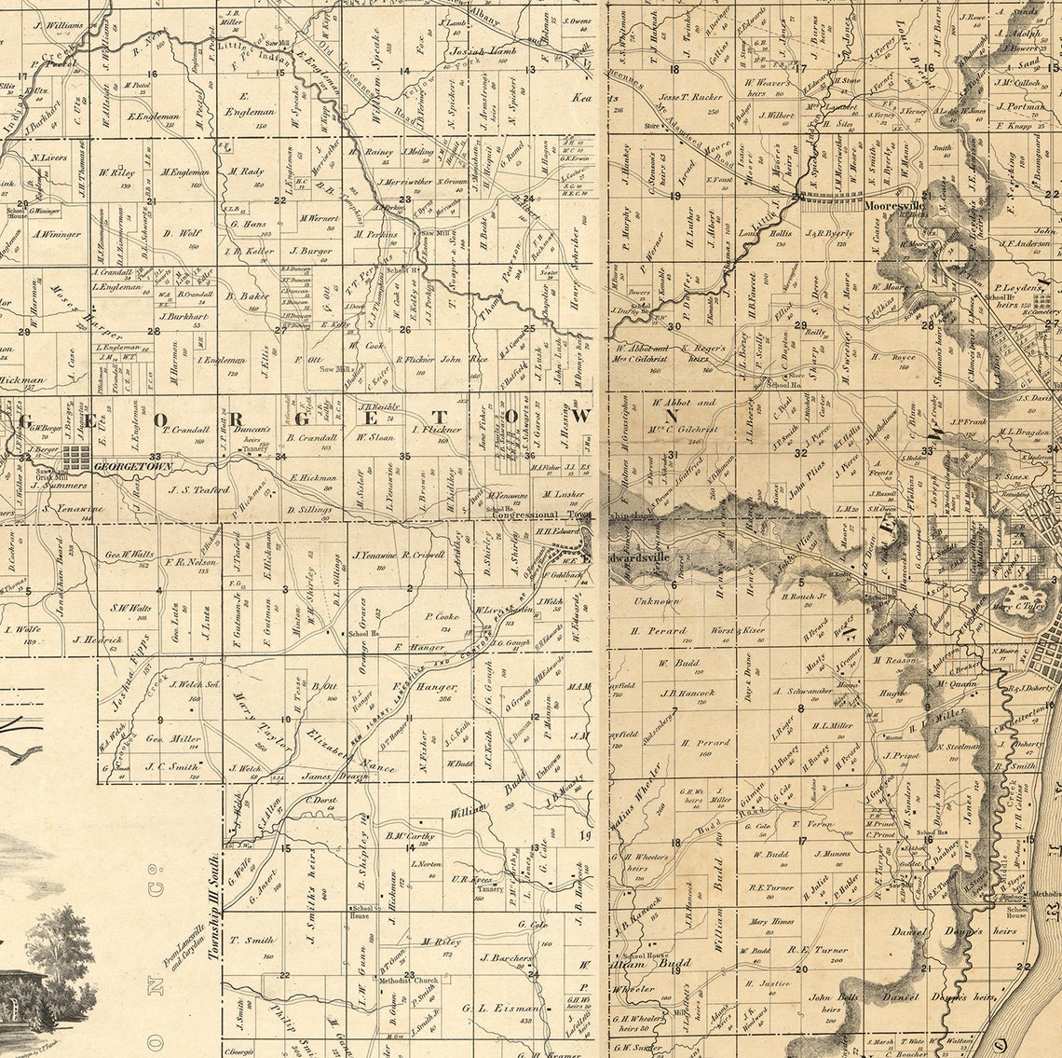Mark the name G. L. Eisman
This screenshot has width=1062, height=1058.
pos(500,1008)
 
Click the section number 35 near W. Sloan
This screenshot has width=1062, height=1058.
pos(404,456)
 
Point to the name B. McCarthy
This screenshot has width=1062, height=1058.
pos(411,835)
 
